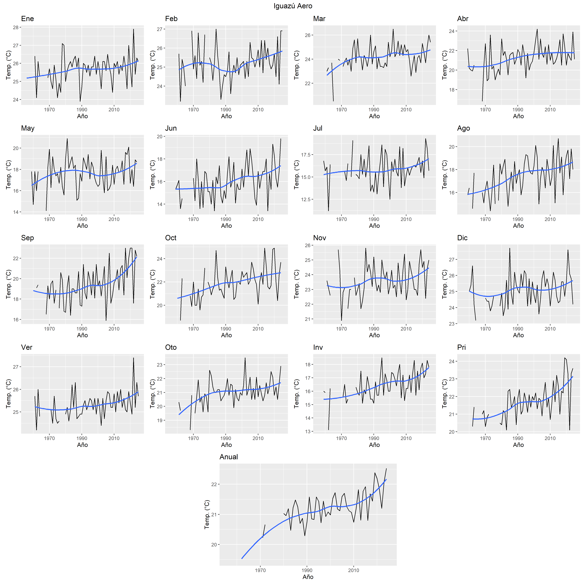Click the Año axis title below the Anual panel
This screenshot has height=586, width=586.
308,577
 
